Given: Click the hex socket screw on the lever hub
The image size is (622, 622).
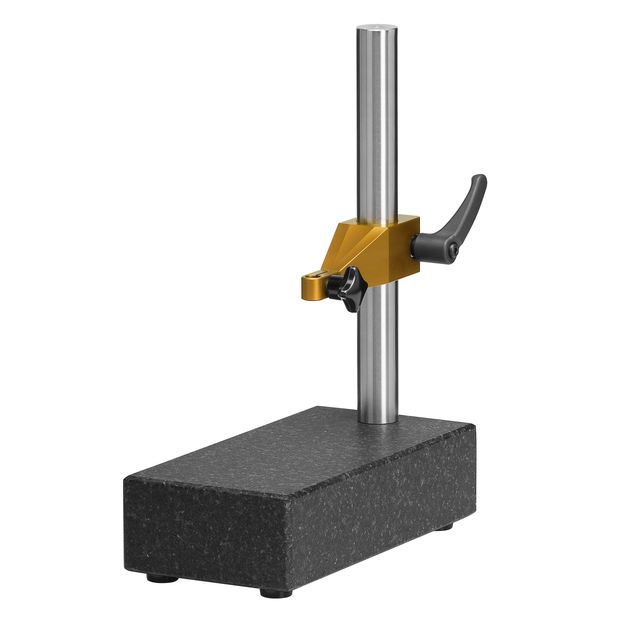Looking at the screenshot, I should pyautogui.click(x=454, y=249).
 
